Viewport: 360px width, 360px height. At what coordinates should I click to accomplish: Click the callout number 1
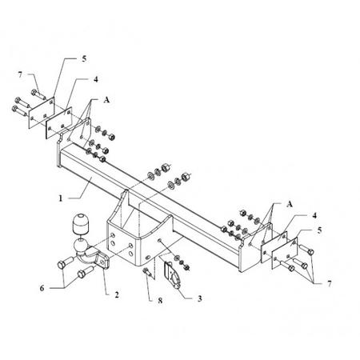[61, 198]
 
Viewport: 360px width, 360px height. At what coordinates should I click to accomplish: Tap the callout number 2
[117, 294]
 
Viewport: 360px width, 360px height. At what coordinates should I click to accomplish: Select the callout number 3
[200, 298]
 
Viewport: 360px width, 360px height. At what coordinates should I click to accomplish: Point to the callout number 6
[42, 288]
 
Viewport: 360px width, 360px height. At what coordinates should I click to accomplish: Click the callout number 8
[160, 301]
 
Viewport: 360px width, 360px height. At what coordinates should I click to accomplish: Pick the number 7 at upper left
[20, 74]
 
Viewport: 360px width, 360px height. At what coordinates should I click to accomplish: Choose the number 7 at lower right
[330, 284]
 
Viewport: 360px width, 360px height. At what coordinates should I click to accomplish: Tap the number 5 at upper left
[84, 58]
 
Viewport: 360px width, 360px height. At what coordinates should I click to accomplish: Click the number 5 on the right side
[319, 230]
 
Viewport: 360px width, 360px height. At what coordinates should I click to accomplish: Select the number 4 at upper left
[96, 79]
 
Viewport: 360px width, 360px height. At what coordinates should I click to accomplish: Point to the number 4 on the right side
[314, 215]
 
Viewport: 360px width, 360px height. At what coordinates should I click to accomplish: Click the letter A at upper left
[106, 100]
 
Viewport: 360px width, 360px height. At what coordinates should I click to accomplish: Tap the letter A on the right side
[290, 204]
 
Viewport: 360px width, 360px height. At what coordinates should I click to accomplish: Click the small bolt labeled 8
[147, 273]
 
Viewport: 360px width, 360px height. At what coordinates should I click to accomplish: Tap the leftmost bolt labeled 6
[65, 262]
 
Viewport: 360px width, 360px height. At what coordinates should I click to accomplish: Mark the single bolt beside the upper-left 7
[38, 94]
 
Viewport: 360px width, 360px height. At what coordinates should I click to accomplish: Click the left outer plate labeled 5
[42, 113]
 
